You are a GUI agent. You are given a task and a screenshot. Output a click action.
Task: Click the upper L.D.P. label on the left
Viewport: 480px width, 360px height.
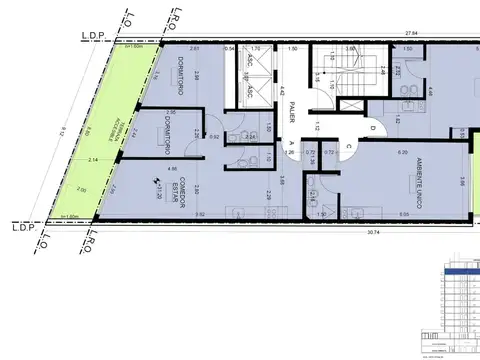(93, 37)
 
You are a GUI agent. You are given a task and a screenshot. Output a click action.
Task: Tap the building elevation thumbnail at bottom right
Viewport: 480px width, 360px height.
(456, 304)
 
